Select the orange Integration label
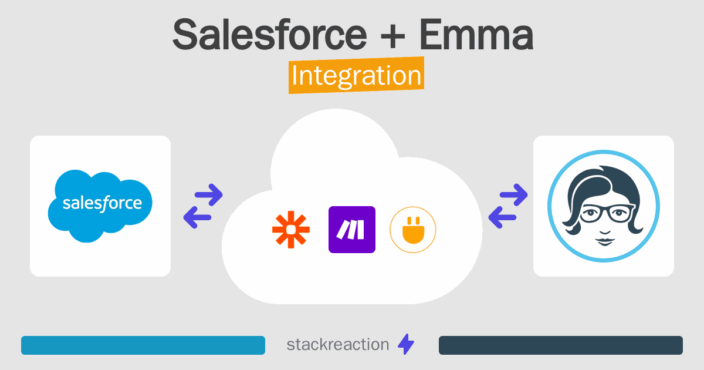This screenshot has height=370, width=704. pos(356,77)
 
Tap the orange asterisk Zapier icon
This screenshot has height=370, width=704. pos(290,230)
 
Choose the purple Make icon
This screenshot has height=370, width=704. pos(352,230)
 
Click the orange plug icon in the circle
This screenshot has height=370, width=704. pos(413,230)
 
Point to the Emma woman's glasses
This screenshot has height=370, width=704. pos(603,213)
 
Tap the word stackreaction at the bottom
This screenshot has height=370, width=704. pos(337,345)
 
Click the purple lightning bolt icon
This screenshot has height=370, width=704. pos(406,345)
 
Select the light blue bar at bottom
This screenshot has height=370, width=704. pos(143,345)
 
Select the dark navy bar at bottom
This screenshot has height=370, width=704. pos(560,345)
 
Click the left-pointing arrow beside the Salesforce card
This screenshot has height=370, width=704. pos(198,218)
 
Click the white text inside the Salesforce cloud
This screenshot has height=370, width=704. pos(102,203)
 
